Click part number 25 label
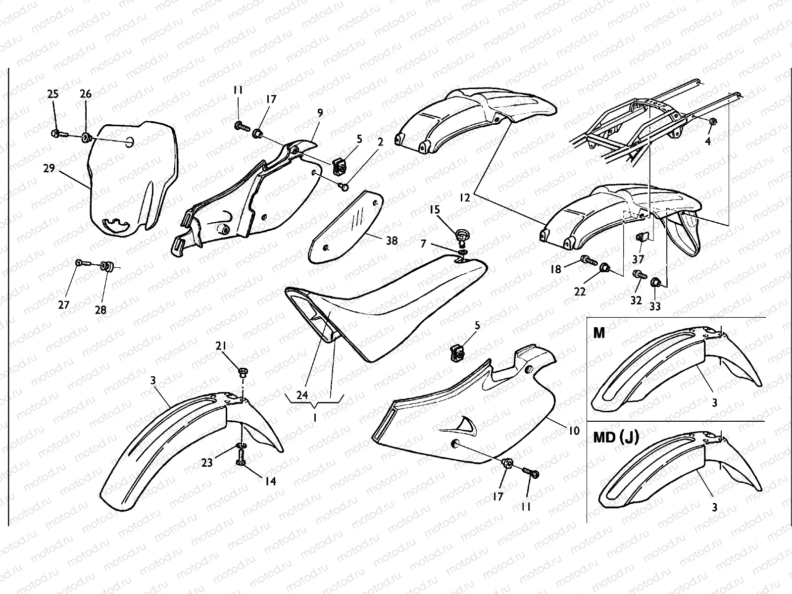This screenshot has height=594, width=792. click(53, 94)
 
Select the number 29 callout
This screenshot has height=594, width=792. click(49, 169)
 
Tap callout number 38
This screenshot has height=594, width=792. click(392, 241)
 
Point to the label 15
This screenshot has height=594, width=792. click(435, 210)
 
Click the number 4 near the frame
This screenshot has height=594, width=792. click(708, 142)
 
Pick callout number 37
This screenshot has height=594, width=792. click(638, 259)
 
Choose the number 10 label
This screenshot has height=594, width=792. click(574, 431)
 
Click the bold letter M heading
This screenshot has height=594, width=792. click(599, 333)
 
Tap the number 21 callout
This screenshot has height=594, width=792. click(221, 346)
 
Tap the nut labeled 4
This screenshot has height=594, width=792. click(713, 122)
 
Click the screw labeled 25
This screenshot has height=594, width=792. click(56, 133)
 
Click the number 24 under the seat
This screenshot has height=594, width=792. click(302, 395)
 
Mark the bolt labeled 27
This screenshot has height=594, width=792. click(79, 262)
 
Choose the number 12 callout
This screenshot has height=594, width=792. click(465, 198)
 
